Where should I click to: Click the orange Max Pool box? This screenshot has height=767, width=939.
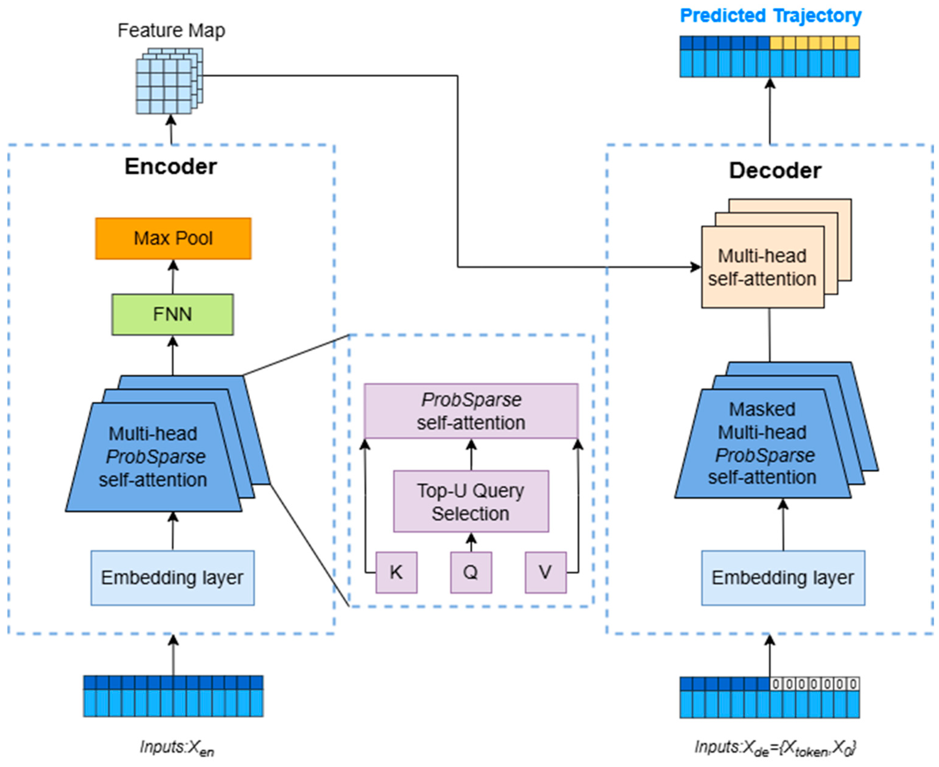[x=173, y=239]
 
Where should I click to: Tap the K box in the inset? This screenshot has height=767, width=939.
[x=396, y=572]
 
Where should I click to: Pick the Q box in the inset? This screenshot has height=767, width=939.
[x=471, y=572]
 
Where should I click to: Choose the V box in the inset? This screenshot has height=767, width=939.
[x=545, y=572]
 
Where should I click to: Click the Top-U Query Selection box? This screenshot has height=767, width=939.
[x=471, y=501]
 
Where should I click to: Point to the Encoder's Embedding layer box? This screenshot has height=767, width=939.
[x=172, y=578]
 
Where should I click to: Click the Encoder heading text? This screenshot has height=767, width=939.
[x=171, y=166]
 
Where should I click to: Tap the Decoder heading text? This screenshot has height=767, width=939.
[x=775, y=171]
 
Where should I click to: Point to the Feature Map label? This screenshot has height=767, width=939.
[x=171, y=31]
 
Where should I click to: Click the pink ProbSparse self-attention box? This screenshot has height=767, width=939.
[x=471, y=411]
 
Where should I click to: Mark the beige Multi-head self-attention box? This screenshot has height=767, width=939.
[x=762, y=267]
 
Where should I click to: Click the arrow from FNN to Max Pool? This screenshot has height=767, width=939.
[x=173, y=277]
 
